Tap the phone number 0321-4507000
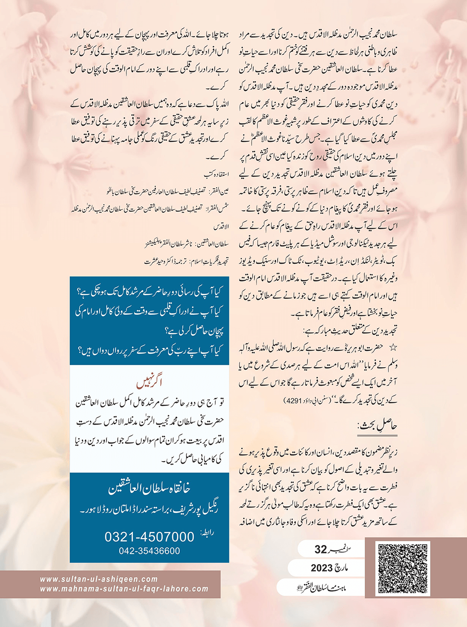pos(149,537)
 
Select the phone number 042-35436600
pos(149,551)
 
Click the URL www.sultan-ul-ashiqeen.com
pos(99,579)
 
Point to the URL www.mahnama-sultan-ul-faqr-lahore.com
pos(124,589)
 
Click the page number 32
pos(321,550)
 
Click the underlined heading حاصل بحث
pos(377,426)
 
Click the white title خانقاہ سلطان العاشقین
pos(149,488)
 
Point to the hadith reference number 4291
pos(291,400)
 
